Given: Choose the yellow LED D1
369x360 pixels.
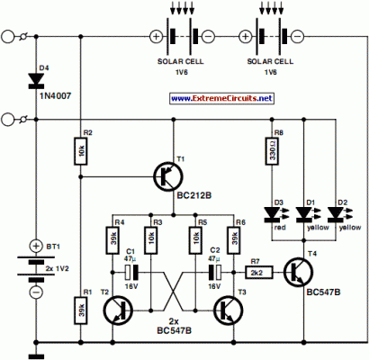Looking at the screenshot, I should click(303, 213).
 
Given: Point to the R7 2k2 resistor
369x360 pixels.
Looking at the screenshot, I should click(256, 269).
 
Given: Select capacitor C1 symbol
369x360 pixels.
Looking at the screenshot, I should click(131, 270).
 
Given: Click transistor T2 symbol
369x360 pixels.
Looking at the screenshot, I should click(116, 310).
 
